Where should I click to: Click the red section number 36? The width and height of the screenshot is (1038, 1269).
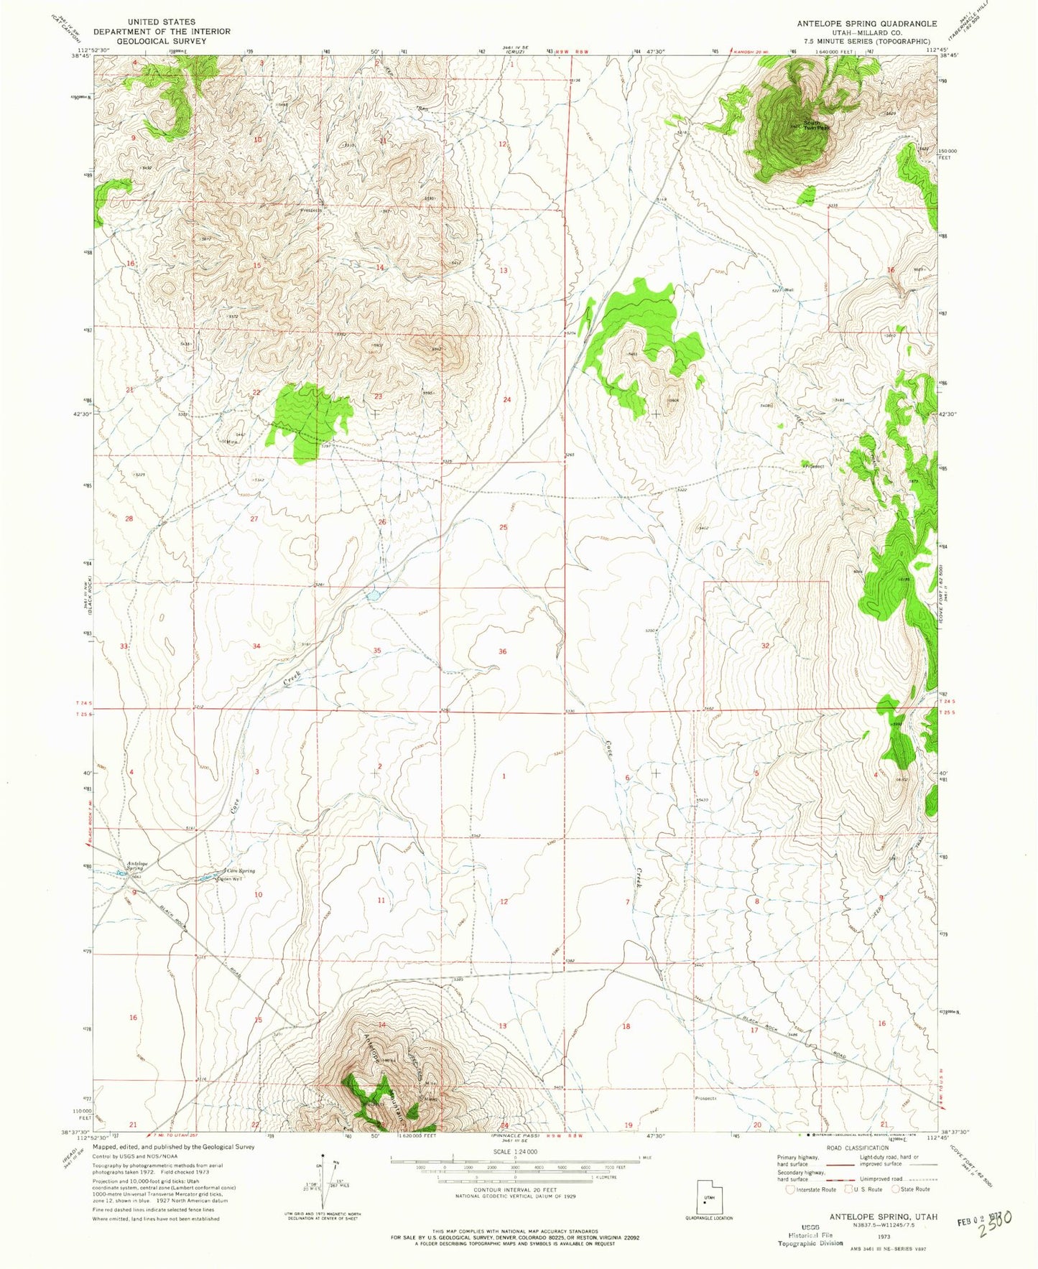click(503, 651)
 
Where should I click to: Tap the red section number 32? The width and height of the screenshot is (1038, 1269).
click(765, 646)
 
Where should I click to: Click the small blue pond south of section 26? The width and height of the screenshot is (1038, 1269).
click(372, 595)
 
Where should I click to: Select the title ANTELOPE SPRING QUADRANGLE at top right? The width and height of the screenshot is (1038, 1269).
click(866, 24)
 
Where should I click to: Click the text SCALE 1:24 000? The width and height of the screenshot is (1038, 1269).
click(514, 1151)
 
